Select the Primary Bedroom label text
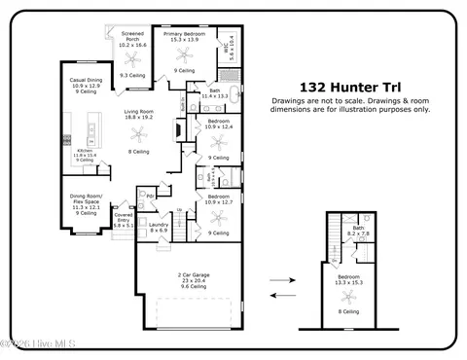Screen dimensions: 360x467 point(185,36)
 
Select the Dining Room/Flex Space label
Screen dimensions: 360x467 point(87,205)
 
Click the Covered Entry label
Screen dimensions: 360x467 point(123,220)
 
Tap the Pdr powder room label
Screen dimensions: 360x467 point(149,197)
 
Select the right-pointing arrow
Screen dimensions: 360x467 point(281,279)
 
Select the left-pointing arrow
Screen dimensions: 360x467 point(281,293)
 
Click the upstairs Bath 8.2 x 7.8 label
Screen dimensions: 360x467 point(358,231)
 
